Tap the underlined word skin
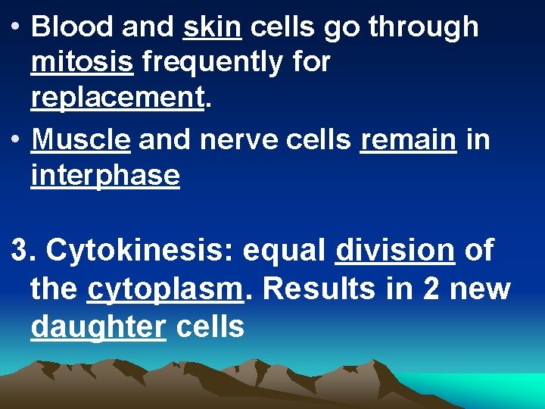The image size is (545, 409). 213,27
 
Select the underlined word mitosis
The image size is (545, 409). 83,62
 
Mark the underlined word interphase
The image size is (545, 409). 105,176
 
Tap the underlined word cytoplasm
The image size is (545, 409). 166,290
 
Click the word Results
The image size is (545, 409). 313,289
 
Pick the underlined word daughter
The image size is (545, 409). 98,327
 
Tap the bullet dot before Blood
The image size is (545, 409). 16,27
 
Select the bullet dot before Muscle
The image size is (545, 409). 16,139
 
